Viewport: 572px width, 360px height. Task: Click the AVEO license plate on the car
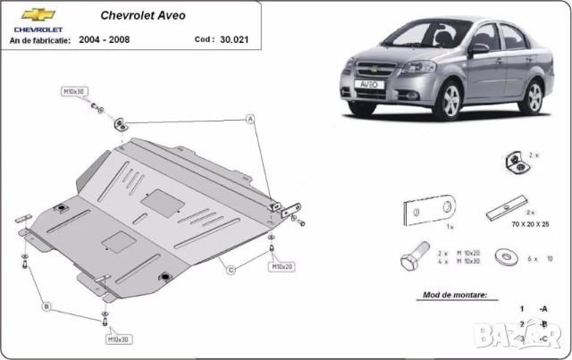coord(367,84)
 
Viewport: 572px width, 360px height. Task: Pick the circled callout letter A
coord(251,119)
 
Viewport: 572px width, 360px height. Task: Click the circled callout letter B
coord(47,306)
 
